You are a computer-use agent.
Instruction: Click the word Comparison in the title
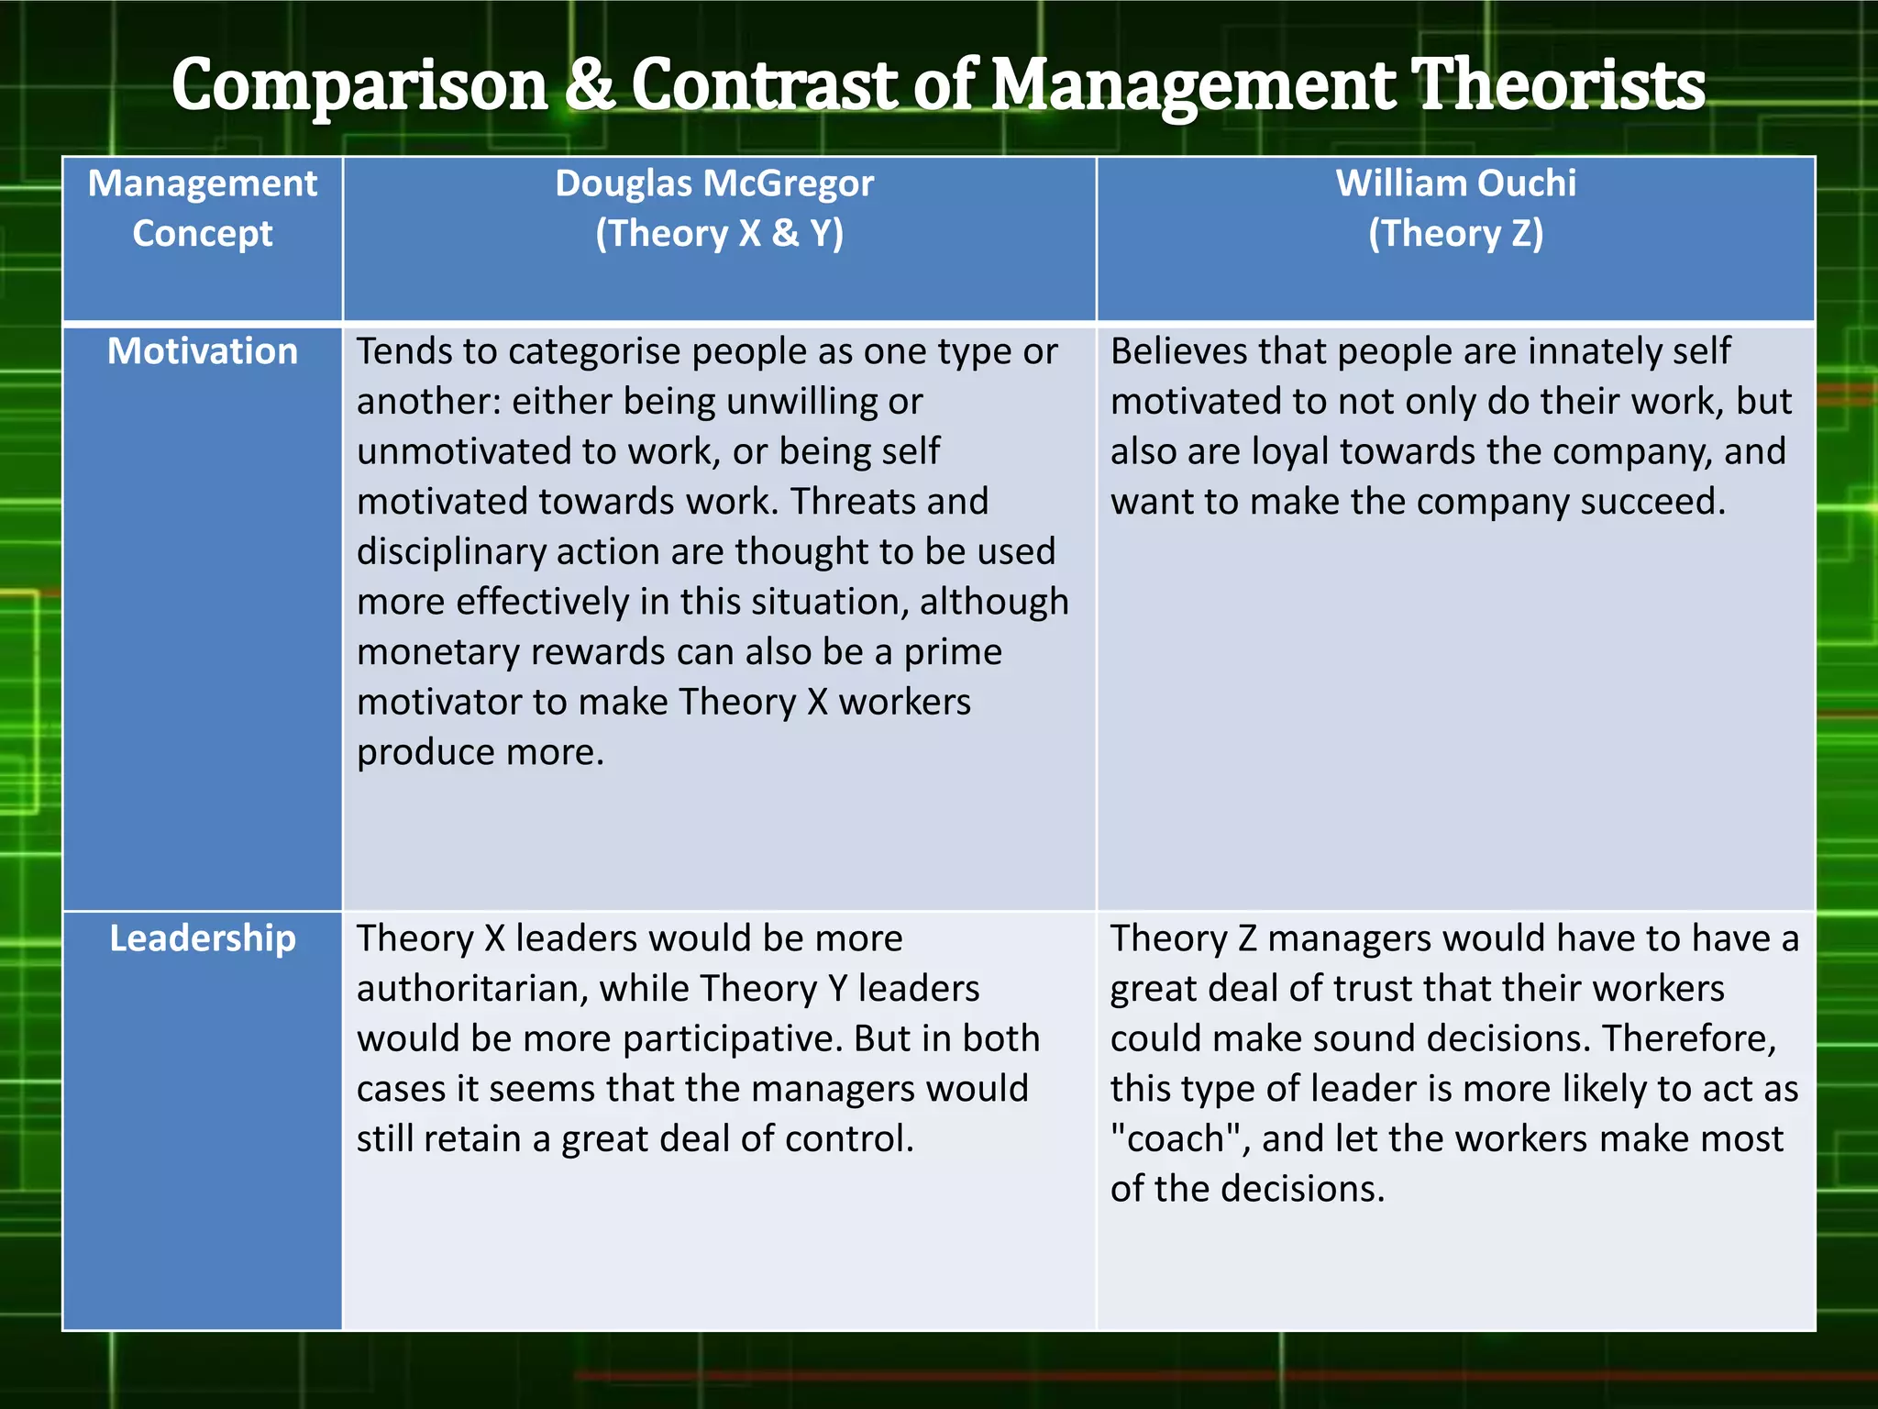point(359,85)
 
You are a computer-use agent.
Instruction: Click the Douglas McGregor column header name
point(714,183)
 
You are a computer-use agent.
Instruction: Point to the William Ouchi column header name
point(1455,183)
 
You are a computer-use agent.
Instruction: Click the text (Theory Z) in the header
point(1455,234)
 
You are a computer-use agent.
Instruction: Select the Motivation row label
point(203,351)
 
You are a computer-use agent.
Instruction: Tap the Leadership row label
point(203,938)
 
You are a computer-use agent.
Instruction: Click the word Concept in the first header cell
point(203,234)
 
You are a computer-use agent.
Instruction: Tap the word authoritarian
point(470,989)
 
